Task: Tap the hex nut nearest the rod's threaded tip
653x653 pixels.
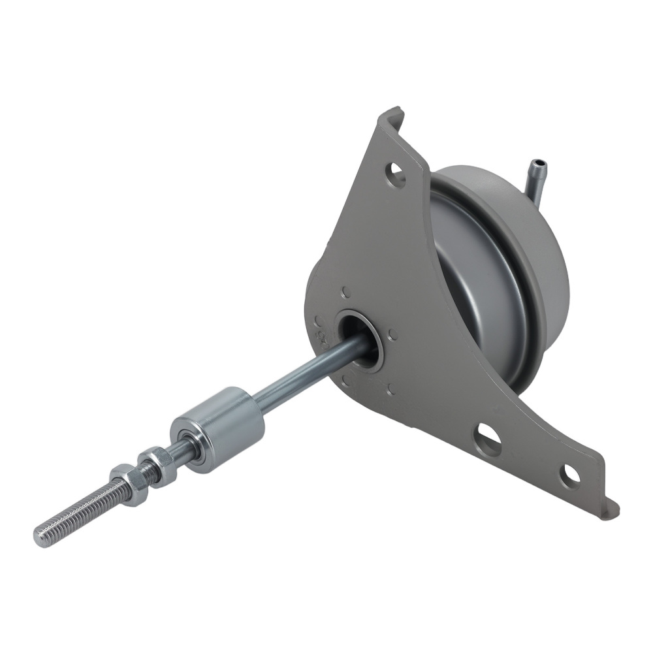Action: tap(122, 478)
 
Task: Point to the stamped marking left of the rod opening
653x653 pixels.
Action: tap(320, 330)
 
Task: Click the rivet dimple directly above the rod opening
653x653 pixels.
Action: tap(345, 293)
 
